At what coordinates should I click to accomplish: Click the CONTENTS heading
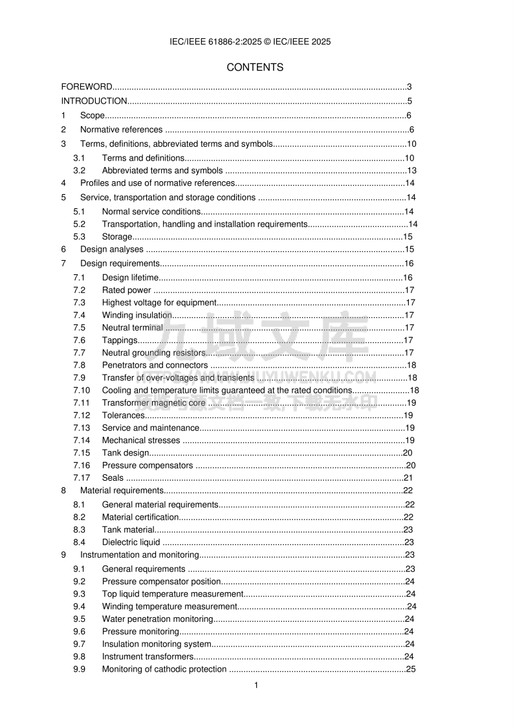coord(255,67)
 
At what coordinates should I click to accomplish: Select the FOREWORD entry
coord(87,87)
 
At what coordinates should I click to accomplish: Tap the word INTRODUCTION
coord(94,101)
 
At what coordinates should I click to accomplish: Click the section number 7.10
coord(82,390)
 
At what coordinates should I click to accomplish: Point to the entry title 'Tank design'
coord(126,453)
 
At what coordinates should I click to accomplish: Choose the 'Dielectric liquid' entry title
coord(131,542)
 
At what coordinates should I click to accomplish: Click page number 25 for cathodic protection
coord(410,669)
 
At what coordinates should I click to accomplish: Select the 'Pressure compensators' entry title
coord(147,465)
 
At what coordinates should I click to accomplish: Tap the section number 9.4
coord(79,606)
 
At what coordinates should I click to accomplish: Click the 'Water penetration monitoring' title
coord(158,619)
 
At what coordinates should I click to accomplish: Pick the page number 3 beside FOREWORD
coord(409,87)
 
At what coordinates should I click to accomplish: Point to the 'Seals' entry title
coord(113,478)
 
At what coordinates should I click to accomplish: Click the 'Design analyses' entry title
coord(112,249)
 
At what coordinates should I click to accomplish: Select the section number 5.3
coord(79,237)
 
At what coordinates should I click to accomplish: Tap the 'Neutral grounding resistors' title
coord(153,353)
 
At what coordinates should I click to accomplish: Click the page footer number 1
coord(256,685)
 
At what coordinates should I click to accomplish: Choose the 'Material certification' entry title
coord(140,517)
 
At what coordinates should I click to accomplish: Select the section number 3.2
coord(79,171)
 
